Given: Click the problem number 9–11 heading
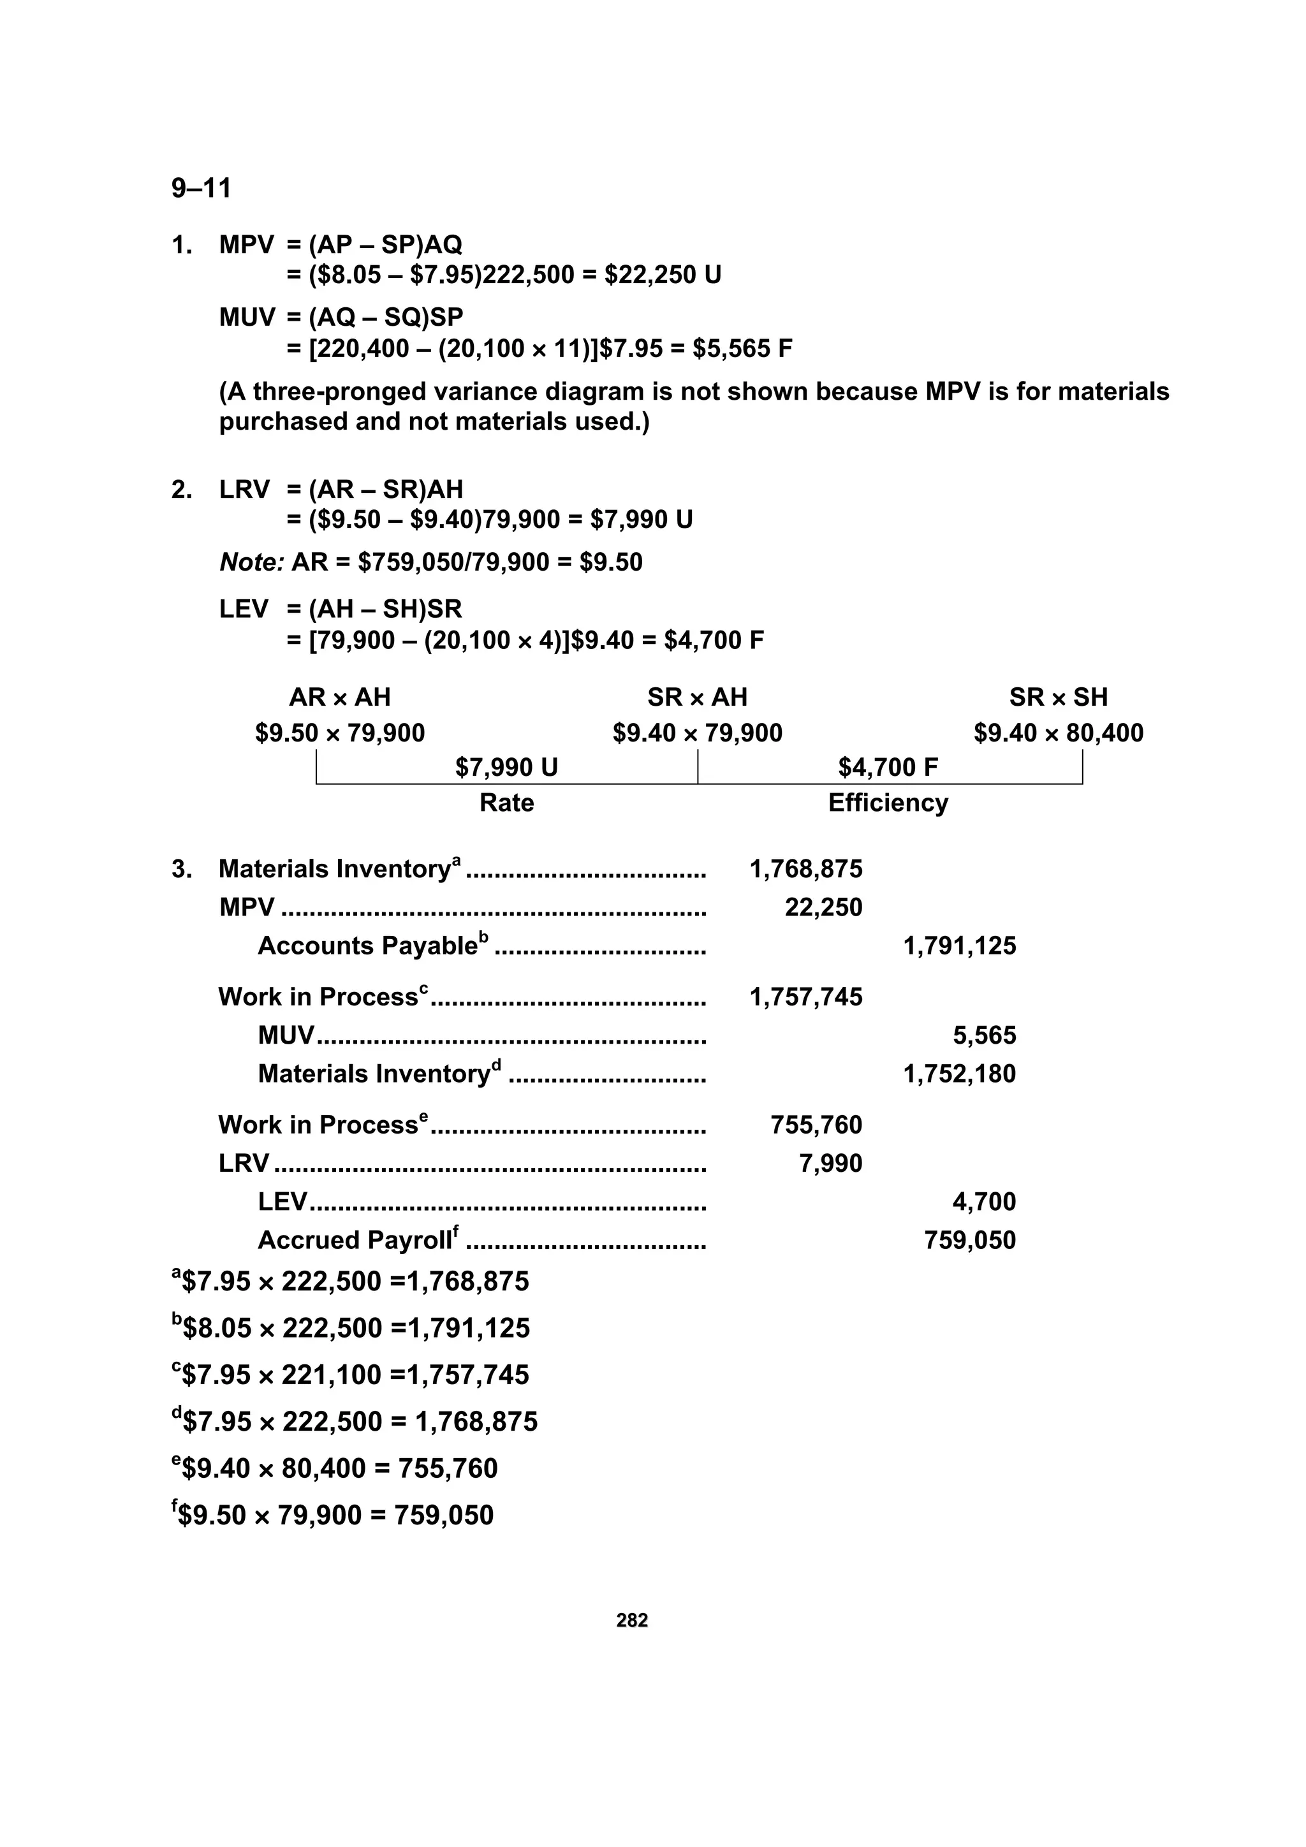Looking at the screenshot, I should point(201,188).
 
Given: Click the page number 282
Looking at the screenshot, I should point(632,1619).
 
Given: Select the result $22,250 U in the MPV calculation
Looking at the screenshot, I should point(663,275).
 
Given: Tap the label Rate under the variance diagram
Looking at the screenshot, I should point(506,803).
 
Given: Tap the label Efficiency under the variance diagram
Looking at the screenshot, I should point(888,803).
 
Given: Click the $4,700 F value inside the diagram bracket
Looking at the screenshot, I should point(888,768).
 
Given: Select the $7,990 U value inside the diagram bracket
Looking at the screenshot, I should point(506,768).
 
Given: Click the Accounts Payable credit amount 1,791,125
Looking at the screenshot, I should point(959,946).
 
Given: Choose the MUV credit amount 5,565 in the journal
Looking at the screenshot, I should point(984,1035).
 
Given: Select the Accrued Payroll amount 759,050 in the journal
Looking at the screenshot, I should point(970,1241).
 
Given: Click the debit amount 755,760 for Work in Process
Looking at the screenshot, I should point(816,1125).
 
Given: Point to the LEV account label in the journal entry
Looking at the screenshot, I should point(282,1202).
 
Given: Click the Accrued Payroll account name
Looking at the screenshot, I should point(354,1241).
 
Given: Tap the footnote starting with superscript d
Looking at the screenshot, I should point(354,1422).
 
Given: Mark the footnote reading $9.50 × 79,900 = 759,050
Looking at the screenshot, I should point(332,1515).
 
